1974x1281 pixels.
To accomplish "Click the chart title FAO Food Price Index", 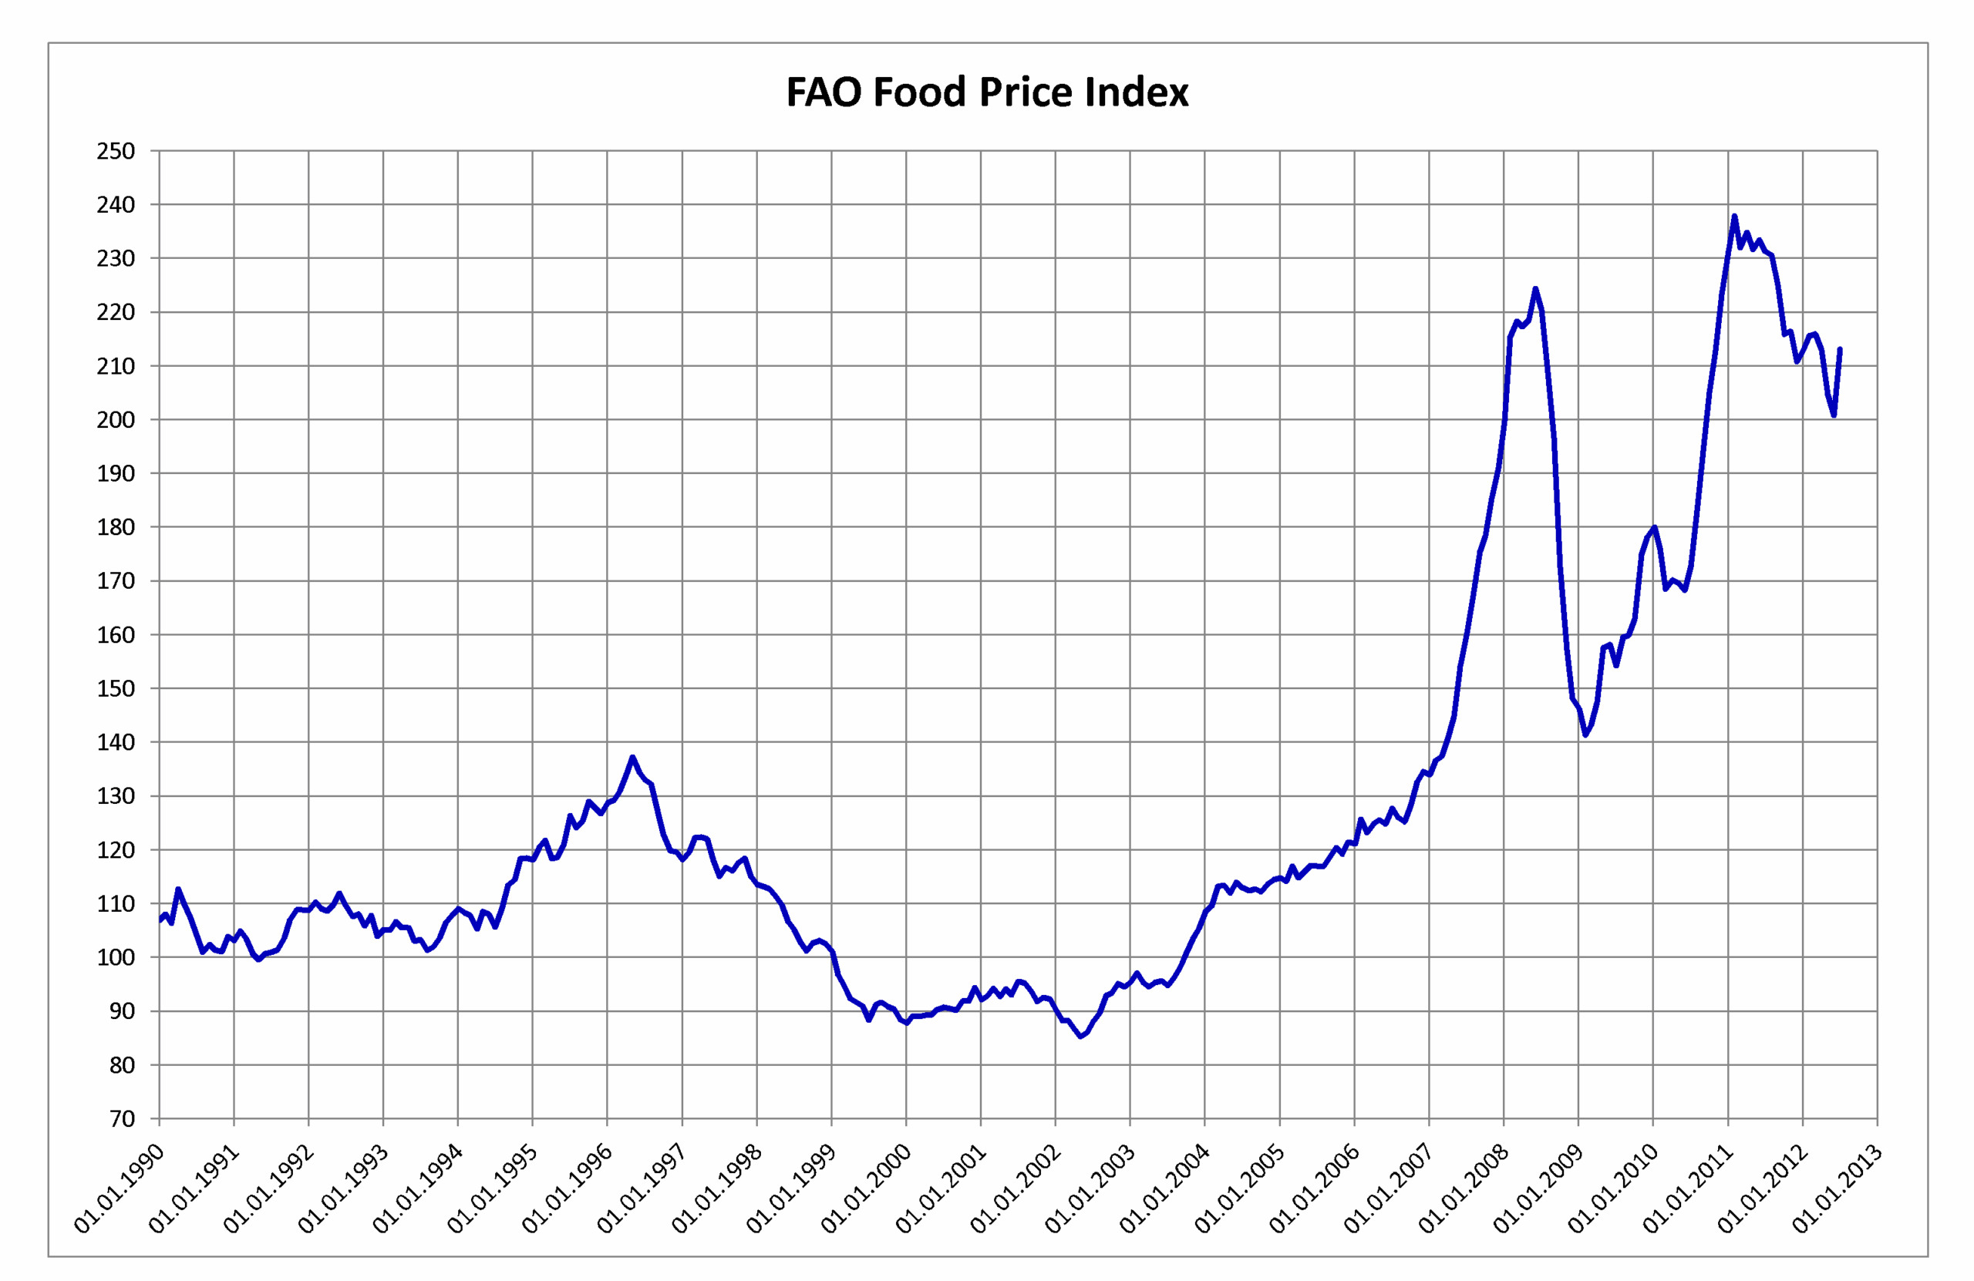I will tap(987, 92).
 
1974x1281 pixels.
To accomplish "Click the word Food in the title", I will tap(920, 92).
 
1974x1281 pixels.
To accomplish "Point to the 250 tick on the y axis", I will tap(116, 151).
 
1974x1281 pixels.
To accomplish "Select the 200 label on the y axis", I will tap(116, 419).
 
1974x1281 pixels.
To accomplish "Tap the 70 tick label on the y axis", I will tap(122, 1118).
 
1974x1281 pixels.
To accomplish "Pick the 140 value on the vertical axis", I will tap(116, 742).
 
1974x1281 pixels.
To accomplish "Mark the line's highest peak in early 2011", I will tap(1734, 217).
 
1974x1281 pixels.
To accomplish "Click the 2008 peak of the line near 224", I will tap(1535, 288).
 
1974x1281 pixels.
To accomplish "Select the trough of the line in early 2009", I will tap(1585, 735).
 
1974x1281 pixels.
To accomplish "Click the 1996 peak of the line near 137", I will tap(632, 757).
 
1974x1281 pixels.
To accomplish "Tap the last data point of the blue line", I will tap(1840, 349).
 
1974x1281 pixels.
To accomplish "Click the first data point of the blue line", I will tap(160, 920).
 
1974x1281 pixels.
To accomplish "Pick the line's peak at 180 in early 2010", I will tap(1655, 527).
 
